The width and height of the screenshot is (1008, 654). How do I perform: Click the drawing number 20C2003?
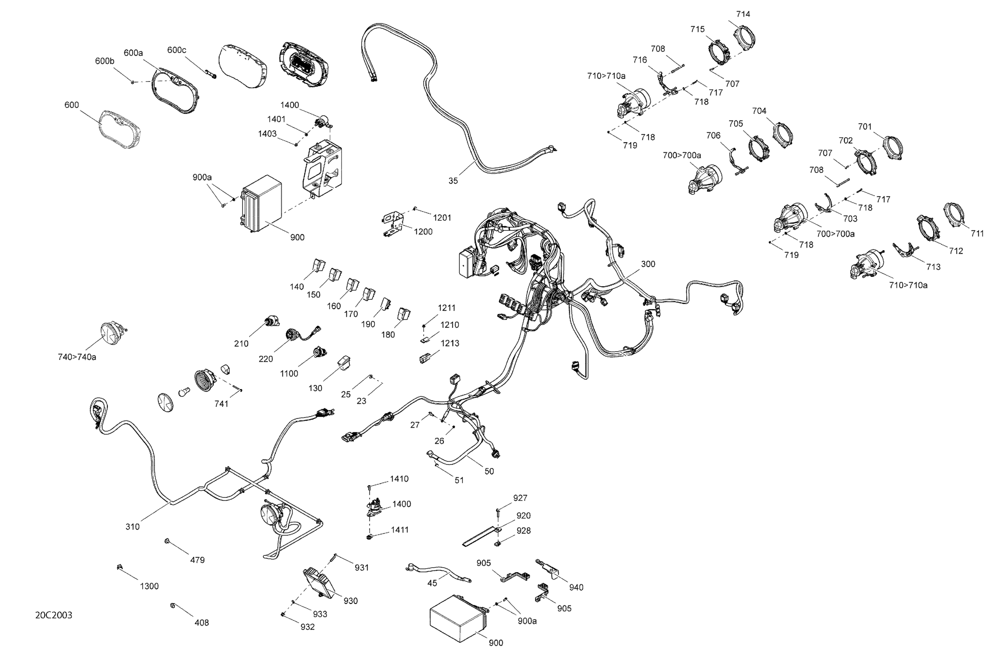(x=53, y=615)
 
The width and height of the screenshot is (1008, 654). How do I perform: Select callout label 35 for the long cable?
(x=453, y=181)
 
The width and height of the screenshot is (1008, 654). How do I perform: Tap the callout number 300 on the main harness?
(x=647, y=264)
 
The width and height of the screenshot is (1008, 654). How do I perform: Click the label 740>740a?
(x=77, y=357)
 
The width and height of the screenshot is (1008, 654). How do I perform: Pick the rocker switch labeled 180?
(x=403, y=314)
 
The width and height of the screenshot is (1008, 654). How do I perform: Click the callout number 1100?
(x=289, y=373)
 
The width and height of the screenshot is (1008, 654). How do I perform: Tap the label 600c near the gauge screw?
(x=177, y=50)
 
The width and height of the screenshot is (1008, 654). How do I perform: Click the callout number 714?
(x=743, y=14)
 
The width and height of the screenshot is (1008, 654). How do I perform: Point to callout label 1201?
(x=442, y=218)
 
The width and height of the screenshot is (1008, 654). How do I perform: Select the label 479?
(x=197, y=560)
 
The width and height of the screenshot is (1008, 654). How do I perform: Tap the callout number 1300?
(x=149, y=586)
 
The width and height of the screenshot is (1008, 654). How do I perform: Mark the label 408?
(x=202, y=623)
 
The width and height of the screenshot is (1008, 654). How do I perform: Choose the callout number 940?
(x=576, y=587)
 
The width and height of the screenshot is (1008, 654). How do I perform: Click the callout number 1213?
(x=450, y=343)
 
